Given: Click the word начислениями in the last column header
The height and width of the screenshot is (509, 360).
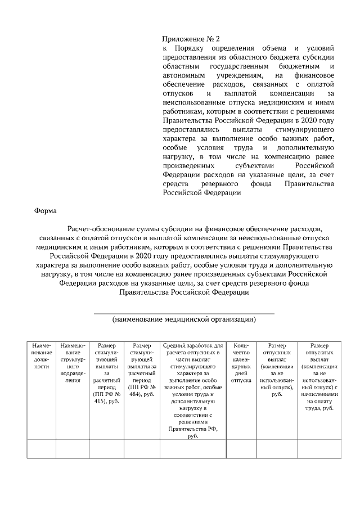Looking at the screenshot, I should pyautogui.click(x=320, y=395).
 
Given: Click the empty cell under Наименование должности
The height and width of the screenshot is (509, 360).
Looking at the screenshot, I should pyautogui.click(x=42, y=449).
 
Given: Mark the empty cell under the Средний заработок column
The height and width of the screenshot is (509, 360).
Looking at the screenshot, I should pyautogui.click(x=193, y=449).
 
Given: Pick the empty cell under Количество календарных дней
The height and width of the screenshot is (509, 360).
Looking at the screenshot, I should pyautogui.click(x=241, y=449).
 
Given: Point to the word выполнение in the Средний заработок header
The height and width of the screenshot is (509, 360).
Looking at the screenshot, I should pyautogui.click(x=193, y=381).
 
